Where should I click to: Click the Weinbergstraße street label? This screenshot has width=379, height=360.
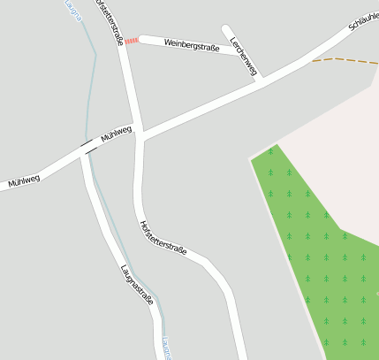click(x=192, y=45)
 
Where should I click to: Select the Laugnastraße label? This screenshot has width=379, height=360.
click(x=137, y=284)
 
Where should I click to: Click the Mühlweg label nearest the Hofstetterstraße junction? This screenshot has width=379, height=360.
click(x=116, y=134)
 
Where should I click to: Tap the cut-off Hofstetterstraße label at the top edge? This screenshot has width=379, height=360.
click(x=108, y=19)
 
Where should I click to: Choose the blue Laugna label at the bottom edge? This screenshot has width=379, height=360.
click(x=167, y=349)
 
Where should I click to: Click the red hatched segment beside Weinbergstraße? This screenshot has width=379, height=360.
click(x=131, y=41)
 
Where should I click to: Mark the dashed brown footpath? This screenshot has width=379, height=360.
click(x=345, y=60)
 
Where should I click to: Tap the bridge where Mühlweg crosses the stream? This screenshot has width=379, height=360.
click(x=87, y=146)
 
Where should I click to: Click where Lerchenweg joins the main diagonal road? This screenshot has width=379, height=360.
click(x=260, y=80)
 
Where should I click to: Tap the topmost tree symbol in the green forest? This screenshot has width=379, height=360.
click(x=270, y=151)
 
